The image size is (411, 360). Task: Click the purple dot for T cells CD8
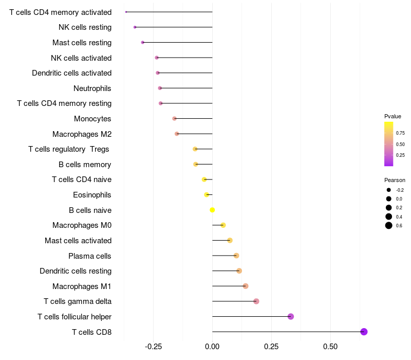coord(364,332)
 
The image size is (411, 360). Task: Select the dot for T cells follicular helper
coord(291,316)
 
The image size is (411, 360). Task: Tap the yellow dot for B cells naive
coord(212,210)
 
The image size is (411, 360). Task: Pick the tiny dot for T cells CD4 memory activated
coord(126,12)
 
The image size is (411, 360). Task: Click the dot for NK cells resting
coord(135,27)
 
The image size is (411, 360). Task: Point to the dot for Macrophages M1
coord(246,286)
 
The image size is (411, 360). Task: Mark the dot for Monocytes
coord(174,119)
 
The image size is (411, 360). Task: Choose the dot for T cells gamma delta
coord(256,301)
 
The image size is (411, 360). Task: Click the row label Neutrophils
coord(92,88)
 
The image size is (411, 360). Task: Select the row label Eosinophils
coord(92,195)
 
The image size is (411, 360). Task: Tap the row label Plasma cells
coord(89,256)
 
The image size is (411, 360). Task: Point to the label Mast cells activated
coord(78,241)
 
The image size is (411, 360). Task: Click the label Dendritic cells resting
coord(76,271)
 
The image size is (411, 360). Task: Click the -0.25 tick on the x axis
coord(153,347)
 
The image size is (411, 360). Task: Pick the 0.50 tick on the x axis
coord(330,347)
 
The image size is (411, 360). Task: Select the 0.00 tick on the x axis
coord(212,347)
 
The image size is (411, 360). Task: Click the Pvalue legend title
coord(393,117)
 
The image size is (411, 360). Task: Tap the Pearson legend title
coord(395,180)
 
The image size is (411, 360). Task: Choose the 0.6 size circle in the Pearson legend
coord(389,225)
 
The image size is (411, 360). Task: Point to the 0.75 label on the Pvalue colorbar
coord(400,133)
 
